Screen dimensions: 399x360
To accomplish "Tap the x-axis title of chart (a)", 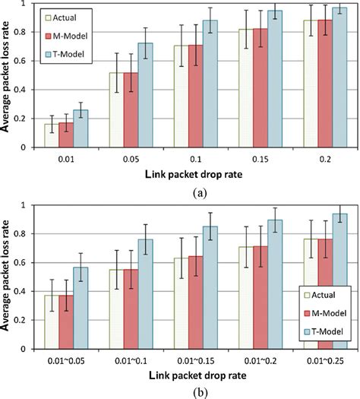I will (181, 173).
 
